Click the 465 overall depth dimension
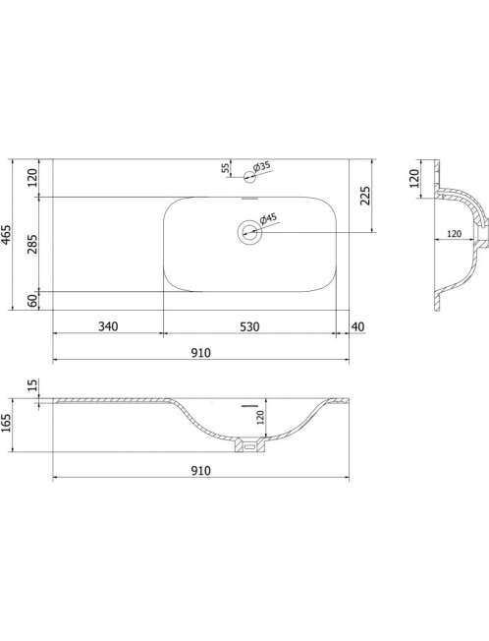[7, 235]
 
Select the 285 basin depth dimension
[32, 244]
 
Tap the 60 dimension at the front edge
[32, 301]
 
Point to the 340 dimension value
[108, 326]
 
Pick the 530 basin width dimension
[249, 326]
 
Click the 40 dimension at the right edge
[357, 326]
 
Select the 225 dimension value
[365, 196]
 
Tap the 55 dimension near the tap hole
[225, 167]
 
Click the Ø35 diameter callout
[261, 166]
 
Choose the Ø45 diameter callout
[268, 218]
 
